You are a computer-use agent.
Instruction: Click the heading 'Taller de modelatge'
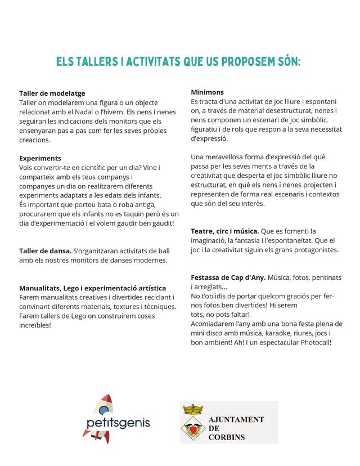[x=52, y=93]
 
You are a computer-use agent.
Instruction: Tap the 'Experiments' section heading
[x=40, y=158]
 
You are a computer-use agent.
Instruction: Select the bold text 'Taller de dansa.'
[x=45, y=250]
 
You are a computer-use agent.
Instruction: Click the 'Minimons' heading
[x=207, y=92]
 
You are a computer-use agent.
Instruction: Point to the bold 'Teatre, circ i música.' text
[x=225, y=231]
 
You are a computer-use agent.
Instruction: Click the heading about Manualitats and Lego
[x=92, y=288]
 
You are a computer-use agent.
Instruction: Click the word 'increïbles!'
[x=35, y=325]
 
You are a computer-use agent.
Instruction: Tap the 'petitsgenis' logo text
[x=118, y=423]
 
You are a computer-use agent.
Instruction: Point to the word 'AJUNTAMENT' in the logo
[x=236, y=420]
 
